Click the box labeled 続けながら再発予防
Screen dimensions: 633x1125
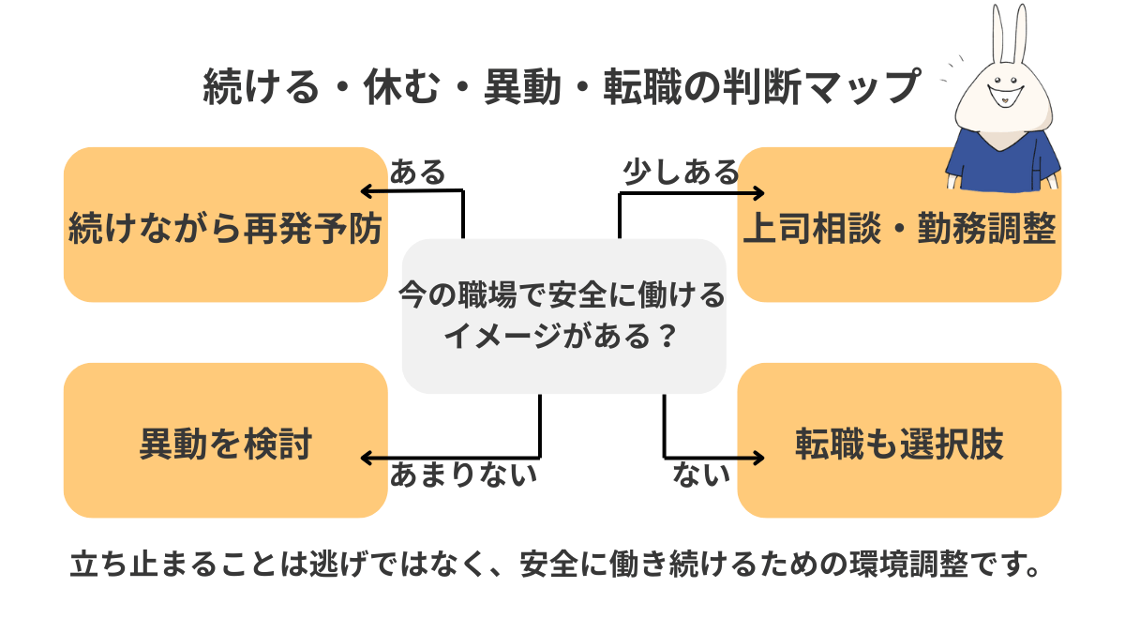click(225, 225)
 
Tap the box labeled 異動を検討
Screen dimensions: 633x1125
click(225, 441)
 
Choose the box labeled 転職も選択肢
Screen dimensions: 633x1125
click(899, 441)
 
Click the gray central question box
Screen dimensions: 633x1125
click(563, 315)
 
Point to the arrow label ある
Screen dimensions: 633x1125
click(417, 172)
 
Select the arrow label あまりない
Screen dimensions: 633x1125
click(463, 475)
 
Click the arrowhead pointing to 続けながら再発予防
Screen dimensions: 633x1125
click(367, 191)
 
